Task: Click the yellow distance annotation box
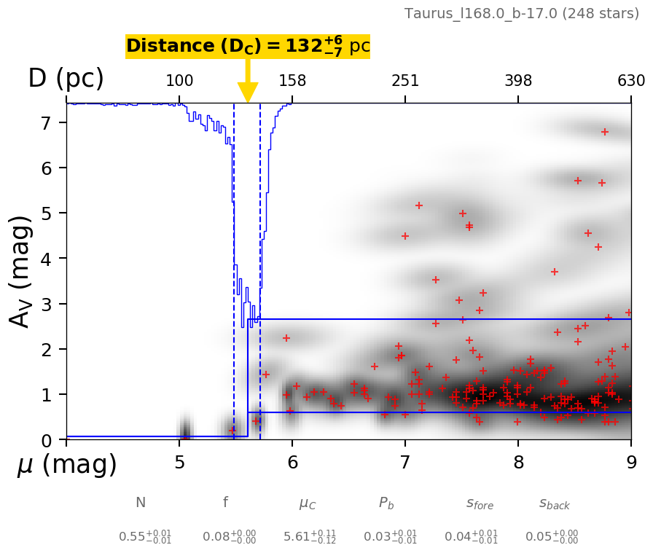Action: (x=248, y=47)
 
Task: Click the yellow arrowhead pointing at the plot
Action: (x=248, y=93)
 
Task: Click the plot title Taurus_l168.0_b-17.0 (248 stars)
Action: (x=522, y=14)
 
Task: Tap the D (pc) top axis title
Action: (x=66, y=79)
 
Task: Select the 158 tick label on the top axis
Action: (x=292, y=81)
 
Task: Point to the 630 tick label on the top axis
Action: (x=631, y=81)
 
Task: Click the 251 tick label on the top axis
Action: (x=405, y=81)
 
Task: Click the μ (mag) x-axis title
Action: (x=67, y=465)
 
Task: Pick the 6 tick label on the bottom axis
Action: (x=292, y=463)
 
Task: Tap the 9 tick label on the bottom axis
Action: (x=631, y=463)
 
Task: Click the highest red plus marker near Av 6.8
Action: (x=604, y=132)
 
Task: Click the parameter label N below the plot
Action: (x=141, y=503)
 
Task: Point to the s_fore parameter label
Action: (x=480, y=503)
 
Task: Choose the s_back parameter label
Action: (x=554, y=503)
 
